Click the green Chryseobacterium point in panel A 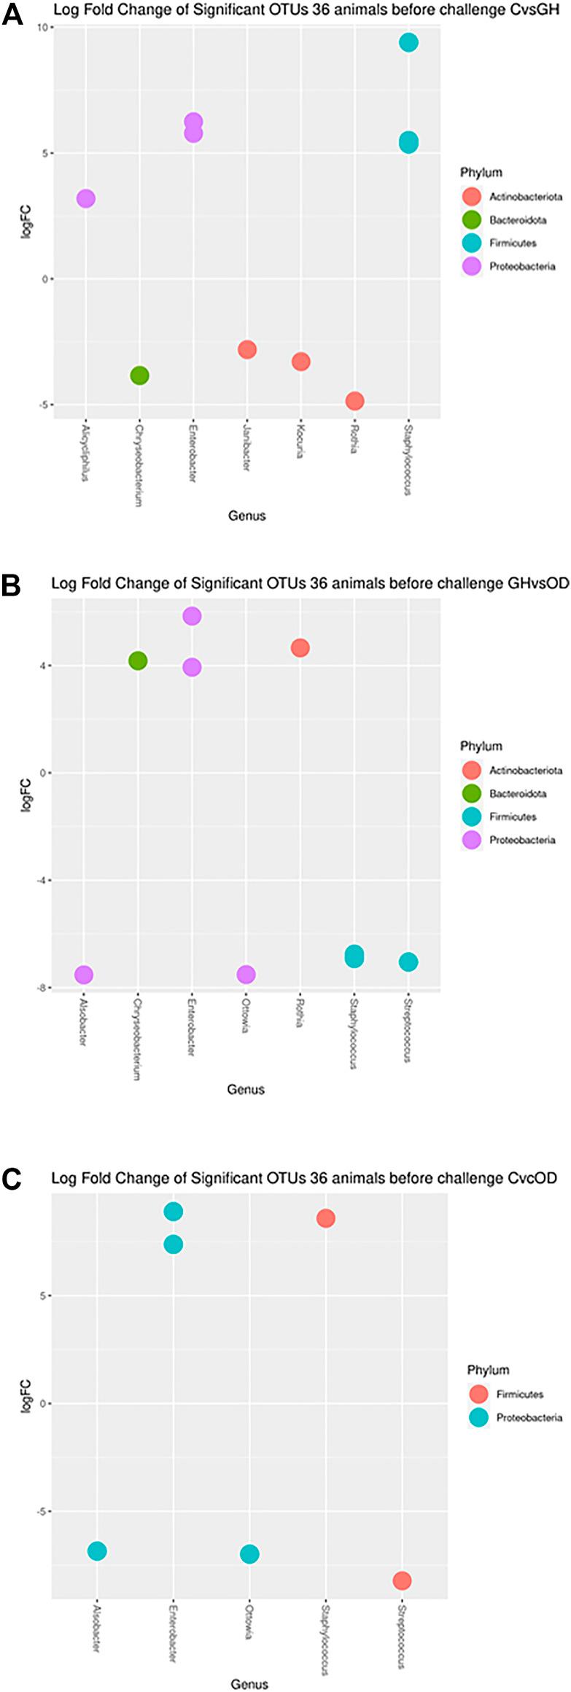coord(139,375)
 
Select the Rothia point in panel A coord(354,400)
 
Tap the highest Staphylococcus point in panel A coord(408,42)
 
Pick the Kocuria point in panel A coord(300,362)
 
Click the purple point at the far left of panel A coord(85,198)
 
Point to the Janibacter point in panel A coord(246,349)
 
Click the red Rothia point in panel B coord(300,647)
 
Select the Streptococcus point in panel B coord(408,962)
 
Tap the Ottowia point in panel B coord(246,975)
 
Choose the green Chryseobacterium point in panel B coord(138,660)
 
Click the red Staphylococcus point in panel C coord(325,1238)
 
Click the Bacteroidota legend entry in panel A coord(517,219)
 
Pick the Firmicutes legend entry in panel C coord(519,1393)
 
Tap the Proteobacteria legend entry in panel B coord(521,840)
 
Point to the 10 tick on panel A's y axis coord(42,28)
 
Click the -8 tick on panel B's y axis coord(42,988)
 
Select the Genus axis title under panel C coord(249,1683)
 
